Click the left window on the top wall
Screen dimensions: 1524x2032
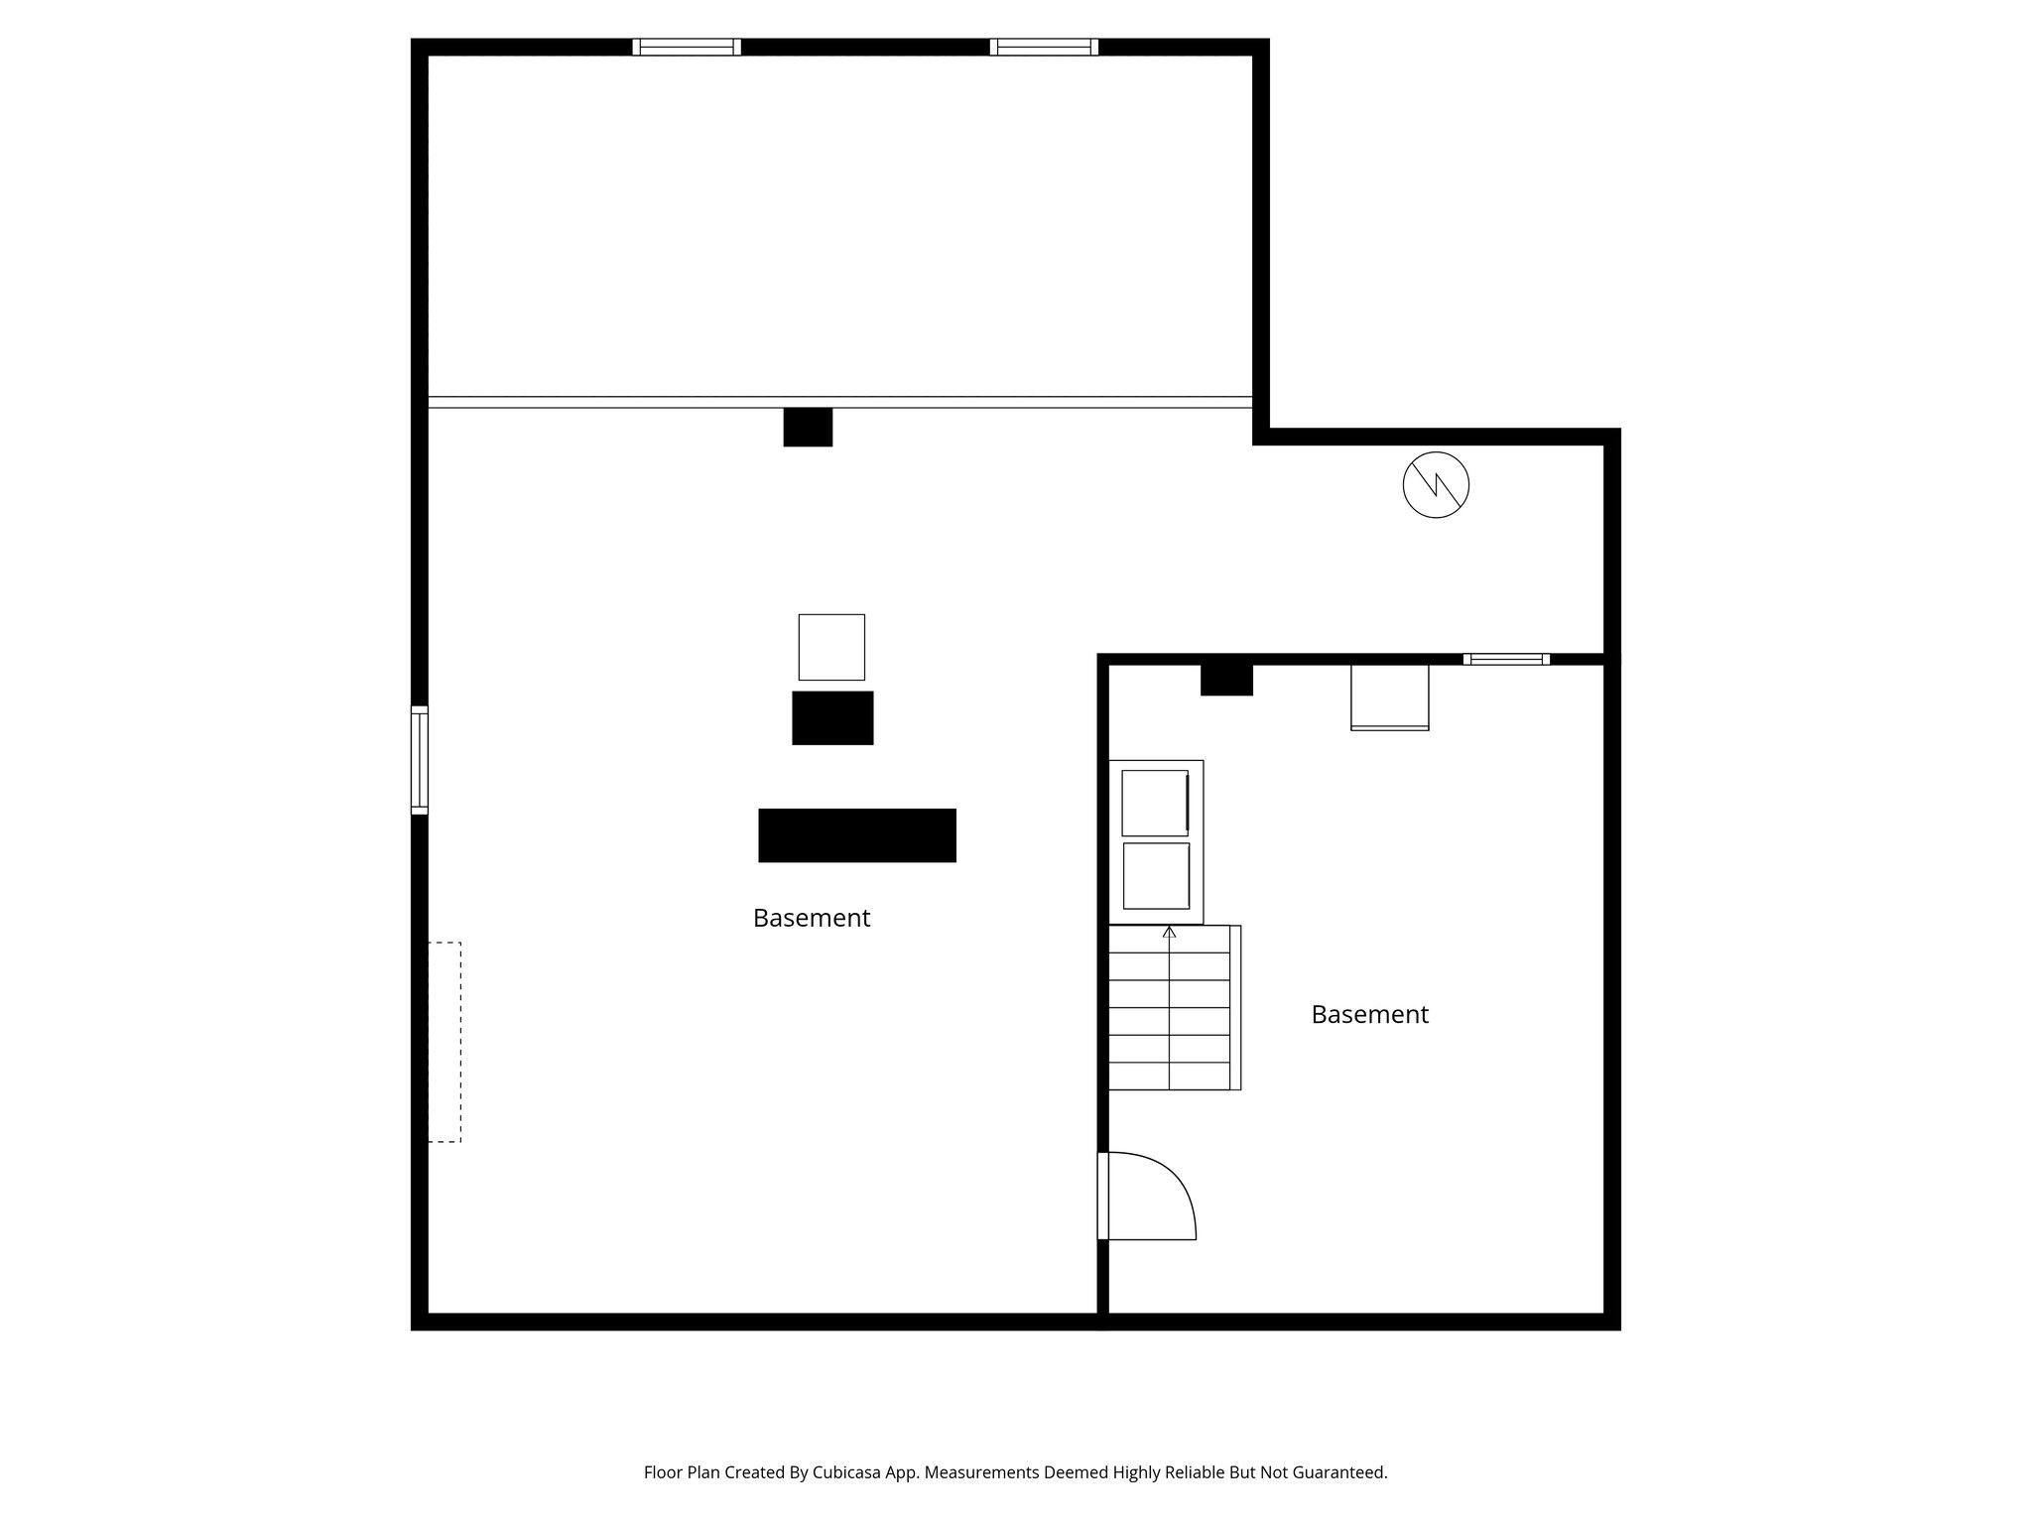coord(687,47)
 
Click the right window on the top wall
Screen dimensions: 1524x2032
coord(1044,47)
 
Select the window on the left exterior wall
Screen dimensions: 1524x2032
coord(420,760)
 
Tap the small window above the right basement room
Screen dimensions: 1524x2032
coord(1506,659)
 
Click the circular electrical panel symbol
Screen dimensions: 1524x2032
coord(1436,485)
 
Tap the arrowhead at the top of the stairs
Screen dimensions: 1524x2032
coord(1169,932)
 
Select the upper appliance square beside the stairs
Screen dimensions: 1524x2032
coord(1155,803)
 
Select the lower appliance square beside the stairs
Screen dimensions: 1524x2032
coord(1156,876)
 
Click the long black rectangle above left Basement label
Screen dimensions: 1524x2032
coord(857,835)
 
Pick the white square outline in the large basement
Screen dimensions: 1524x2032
coord(831,647)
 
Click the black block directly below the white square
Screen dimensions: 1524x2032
coord(832,717)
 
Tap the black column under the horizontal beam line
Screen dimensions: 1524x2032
coord(808,427)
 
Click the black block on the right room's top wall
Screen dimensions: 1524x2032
coord(1226,680)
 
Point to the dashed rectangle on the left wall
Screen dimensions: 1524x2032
coord(444,1042)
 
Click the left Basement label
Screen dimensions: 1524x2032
coord(812,919)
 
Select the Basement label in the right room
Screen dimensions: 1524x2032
coord(1369,1015)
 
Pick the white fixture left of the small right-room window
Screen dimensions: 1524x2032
coord(1389,698)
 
